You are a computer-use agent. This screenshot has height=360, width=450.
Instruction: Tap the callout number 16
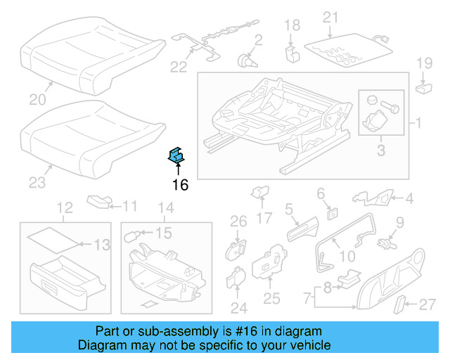coord(180,185)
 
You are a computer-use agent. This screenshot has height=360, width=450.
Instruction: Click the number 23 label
coord(37,183)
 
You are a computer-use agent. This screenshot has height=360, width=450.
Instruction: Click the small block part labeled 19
coord(423,88)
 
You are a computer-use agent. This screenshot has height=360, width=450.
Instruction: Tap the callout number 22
coord(179,67)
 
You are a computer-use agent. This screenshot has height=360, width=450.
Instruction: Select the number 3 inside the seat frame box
coord(381,149)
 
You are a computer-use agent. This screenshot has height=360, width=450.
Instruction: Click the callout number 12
coord(65,207)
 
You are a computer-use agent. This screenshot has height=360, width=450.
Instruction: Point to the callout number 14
coord(165,207)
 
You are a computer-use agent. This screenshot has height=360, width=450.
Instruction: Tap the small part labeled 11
coord(99,202)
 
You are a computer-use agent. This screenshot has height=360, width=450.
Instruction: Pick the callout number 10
coord(347,257)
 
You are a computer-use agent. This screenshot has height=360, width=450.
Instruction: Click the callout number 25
coord(271,298)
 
